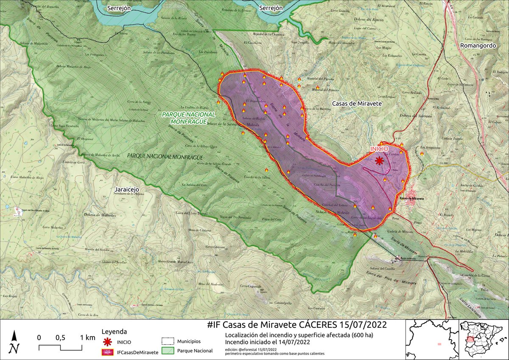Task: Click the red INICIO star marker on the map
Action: pyautogui.click(x=379, y=160)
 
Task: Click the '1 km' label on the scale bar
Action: pyautogui.click(x=87, y=338)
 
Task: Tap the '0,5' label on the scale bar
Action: pyautogui.click(x=60, y=338)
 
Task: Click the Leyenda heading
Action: pyautogui.click(x=115, y=332)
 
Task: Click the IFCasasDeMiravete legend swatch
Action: pyautogui.click(x=108, y=352)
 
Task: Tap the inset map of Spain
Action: pyautogui.click(x=484, y=340)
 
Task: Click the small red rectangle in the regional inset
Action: pyautogui.click(x=439, y=343)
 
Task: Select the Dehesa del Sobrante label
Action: pyautogui.click(x=415, y=115)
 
